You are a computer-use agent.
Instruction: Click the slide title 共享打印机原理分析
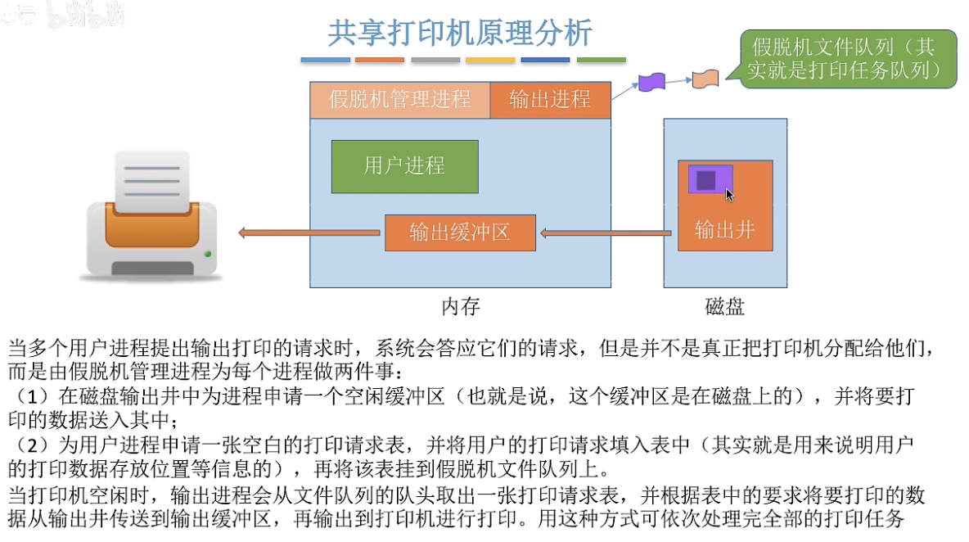click(460, 34)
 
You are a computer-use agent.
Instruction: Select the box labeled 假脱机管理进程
click(399, 100)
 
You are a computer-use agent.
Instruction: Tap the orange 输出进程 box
click(550, 100)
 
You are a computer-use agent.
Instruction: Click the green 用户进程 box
click(404, 166)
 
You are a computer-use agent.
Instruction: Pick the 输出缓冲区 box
click(460, 233)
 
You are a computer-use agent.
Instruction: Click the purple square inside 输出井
click(706, 179)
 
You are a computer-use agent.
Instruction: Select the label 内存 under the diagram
click(461, 307)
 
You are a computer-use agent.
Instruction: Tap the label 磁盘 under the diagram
click(724, 307)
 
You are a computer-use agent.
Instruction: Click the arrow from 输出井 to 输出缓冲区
click(606, 233)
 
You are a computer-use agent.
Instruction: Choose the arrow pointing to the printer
click(309, 233)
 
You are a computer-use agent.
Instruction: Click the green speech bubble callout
click(847, 59)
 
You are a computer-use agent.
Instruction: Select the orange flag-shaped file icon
click(705, 79)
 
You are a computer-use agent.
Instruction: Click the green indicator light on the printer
click(209, 253)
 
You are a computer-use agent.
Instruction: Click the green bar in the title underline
click(601, 61)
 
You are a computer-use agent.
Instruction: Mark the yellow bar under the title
click(490, 61)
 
